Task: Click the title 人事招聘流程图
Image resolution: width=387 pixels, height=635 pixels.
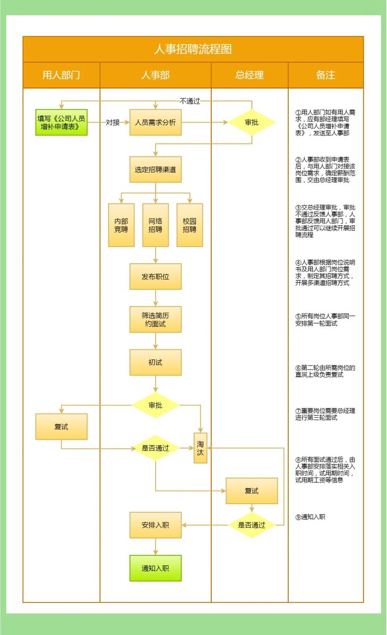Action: coord(193,49)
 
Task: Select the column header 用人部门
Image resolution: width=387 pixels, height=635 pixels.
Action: coord(61,75)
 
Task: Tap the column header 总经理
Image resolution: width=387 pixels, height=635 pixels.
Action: coord(250,75)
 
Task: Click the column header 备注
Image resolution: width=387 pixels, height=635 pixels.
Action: coord(326,75)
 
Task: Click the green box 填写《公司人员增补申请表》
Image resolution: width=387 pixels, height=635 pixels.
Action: coord(61,122)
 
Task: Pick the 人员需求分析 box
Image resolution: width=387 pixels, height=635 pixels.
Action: coord(155,122)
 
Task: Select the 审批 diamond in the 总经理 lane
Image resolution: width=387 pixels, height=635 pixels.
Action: coord(252,122)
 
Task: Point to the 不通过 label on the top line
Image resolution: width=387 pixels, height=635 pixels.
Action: coord(190,101)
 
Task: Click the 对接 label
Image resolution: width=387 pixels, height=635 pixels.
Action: coord(113,122)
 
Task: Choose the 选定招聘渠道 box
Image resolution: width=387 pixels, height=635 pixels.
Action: coord(155,169)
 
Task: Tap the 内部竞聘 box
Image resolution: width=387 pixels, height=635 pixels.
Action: coord(121,225)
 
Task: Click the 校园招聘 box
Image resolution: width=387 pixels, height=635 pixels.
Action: coord(190,225)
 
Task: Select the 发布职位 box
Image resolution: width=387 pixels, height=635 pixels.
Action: coord(155,276)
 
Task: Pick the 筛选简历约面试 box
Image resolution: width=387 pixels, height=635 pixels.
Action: coord(155,319)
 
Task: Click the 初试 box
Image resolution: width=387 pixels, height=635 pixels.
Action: coord(155,362)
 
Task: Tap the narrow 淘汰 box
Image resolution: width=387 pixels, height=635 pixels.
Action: coord(200,448)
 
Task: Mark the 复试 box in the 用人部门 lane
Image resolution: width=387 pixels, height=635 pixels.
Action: coord(61,426)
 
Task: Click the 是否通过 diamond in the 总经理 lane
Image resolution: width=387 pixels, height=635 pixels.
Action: coord(252,525)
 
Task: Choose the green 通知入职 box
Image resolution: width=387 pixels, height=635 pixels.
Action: coord(155,568)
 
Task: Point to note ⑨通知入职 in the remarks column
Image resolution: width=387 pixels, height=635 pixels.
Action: coord(311,517)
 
